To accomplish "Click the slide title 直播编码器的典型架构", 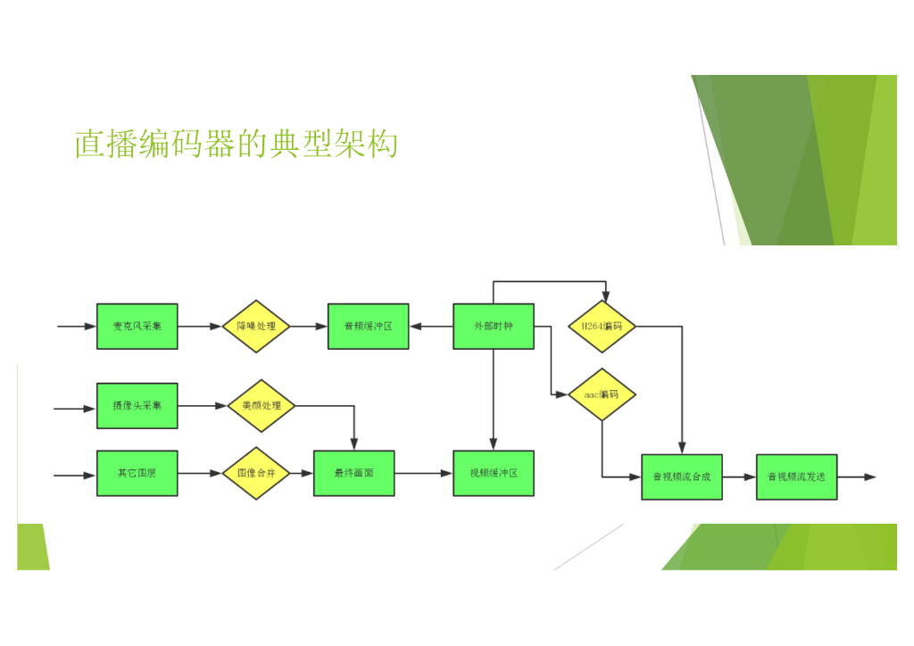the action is [x=236, y=144].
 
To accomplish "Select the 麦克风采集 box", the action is [x=137, y=327].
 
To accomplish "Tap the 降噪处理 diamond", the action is [x=256, y=327].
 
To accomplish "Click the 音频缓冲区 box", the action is [x=368, y=327].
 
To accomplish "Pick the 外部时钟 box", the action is [x=493, y=327].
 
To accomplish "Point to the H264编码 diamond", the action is [x=602, y=327].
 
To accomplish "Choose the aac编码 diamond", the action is [x=602, y=394].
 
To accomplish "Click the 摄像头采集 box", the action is [x=137, y=405].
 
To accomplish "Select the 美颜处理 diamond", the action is [x=262, y=405].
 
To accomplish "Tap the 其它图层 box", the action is [x=137, y=473].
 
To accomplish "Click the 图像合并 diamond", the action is [x=256, y=473].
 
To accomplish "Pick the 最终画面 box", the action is [x=353, y=473].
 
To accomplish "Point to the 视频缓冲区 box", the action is [x=493, y=473].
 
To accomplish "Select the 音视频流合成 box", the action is [x=681, y=476].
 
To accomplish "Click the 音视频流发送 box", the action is [x=796, y=476].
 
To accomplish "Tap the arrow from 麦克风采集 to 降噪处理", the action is [x=200, y=327].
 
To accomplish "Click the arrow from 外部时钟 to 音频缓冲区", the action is [x=431, y=327].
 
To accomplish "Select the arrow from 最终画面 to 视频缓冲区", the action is [x=424, y=473].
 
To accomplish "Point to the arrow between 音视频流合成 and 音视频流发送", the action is [x=740, y=476].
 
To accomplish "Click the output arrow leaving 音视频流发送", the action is [x=857, y=476].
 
